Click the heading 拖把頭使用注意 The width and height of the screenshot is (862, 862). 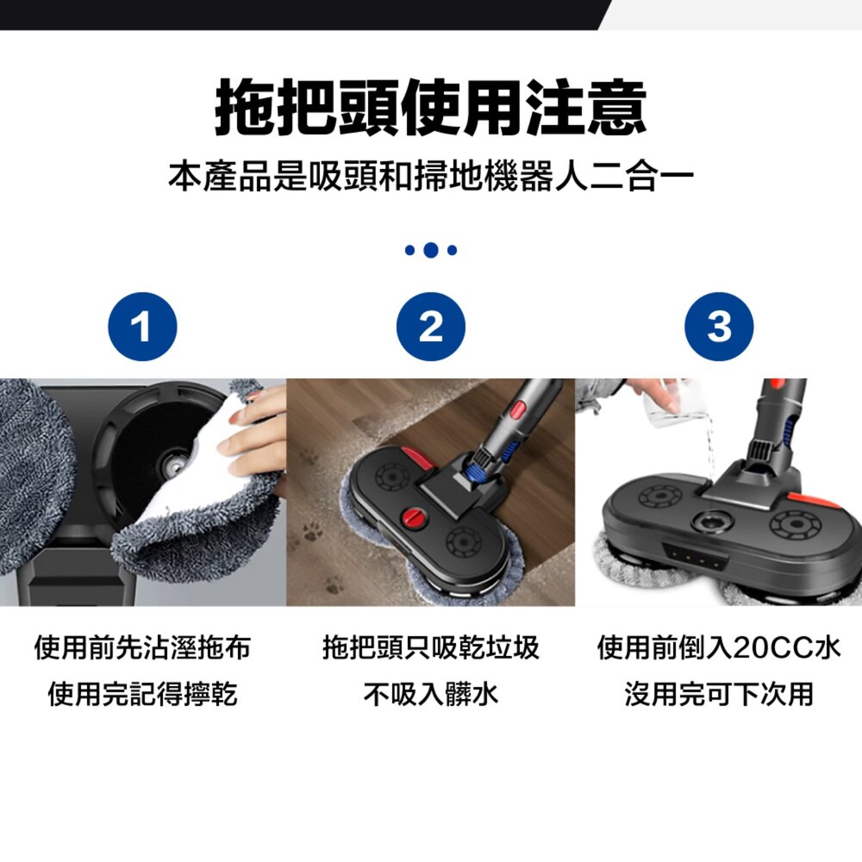tap(430, 108)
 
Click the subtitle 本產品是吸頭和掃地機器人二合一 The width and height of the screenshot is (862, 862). tap(430, 178)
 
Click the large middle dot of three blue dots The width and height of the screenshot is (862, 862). tap(430, 250)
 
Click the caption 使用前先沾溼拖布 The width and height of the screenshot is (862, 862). tap(142, 647)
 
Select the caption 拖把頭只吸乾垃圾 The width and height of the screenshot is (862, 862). tap(430, 647)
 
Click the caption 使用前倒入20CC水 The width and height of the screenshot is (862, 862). tap(718, 647)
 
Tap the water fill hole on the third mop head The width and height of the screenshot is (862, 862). tap(715, 522)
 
